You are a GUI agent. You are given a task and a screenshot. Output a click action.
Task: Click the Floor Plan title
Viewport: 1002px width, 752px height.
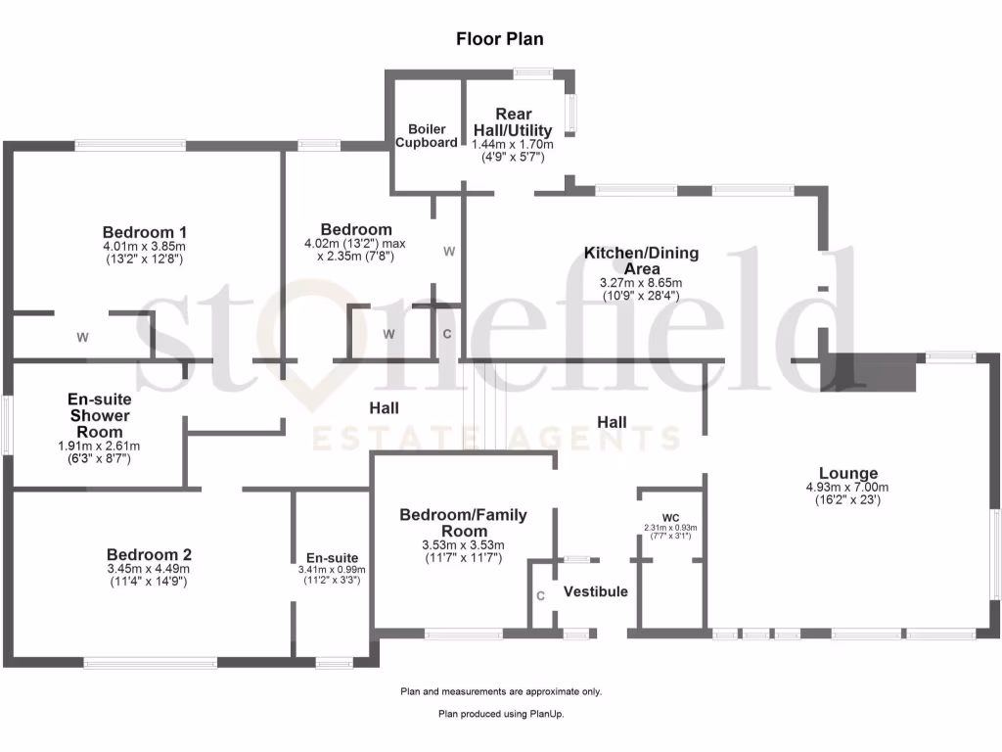click(x=499, y=39)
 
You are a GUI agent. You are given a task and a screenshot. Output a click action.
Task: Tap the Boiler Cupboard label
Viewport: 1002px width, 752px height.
click(x=427, y=136)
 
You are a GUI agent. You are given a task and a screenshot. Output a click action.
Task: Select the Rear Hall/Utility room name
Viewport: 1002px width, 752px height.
click(x=513, y=122)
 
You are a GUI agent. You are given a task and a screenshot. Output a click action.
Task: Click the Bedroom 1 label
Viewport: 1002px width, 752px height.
click(x=144, y=231)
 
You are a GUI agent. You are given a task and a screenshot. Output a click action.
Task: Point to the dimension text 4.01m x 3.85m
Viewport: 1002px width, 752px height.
click(x=144, y=246)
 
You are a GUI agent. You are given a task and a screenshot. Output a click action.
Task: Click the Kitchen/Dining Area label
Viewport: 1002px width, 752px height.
click(x=642, y=260)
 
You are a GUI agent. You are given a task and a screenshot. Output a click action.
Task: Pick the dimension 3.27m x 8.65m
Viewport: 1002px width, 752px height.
click(x=642, y=283)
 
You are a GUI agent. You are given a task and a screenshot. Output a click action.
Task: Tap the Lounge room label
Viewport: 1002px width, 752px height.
click(x=848, y=473)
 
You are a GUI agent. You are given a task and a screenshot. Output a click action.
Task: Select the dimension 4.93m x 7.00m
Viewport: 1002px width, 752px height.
click(x=847, y=488)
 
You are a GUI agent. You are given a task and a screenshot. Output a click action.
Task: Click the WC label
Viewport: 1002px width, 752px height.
click(x=670, y=517)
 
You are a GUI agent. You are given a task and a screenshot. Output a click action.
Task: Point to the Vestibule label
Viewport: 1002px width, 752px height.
click(x=596, y=592)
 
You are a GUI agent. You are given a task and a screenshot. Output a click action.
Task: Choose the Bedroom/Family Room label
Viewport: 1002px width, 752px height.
click(x=463, y=523)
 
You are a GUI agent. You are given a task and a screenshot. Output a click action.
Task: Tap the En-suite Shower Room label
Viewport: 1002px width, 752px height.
click(x=100, y=415)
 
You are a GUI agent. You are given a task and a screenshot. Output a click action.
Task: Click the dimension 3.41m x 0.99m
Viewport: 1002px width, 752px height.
click(x=331, y=569)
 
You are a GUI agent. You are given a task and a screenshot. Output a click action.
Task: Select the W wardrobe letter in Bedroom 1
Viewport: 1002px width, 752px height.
click(x=83, y=338)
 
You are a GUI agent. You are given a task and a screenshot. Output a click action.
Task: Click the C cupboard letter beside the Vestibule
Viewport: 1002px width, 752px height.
click(x=540, y=595)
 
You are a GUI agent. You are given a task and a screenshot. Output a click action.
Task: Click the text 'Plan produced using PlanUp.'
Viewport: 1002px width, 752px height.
click(x=501, y=715)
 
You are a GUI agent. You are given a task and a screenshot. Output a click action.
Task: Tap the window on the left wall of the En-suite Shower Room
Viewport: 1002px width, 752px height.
click(x=6, y=424)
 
